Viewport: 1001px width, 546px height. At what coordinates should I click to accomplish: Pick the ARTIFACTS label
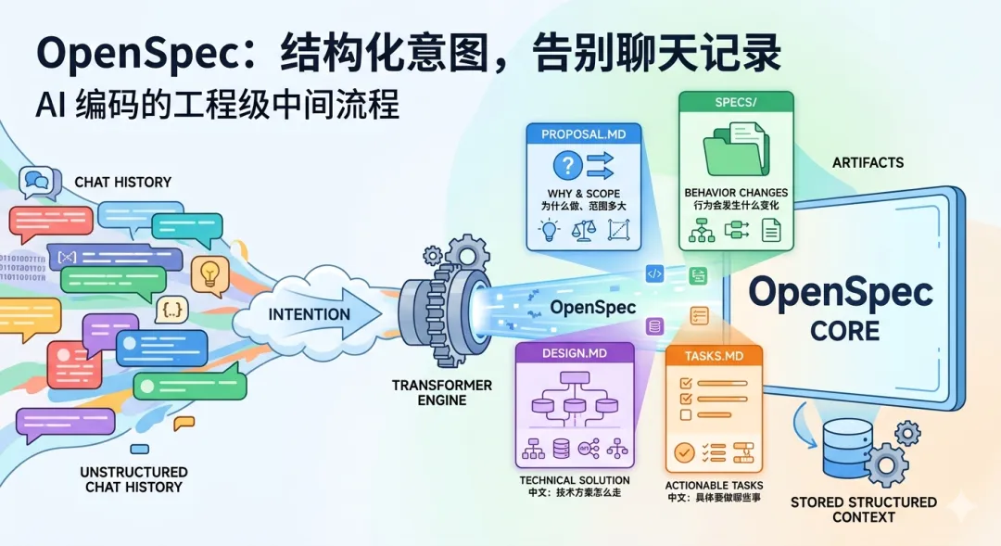868,163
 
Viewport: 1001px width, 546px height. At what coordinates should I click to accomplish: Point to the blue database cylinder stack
847,448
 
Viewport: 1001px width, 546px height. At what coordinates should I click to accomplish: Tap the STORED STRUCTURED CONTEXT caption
863,509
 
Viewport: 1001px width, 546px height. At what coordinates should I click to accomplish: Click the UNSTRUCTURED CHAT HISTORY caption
133,479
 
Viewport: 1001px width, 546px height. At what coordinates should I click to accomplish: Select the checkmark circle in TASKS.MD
684,452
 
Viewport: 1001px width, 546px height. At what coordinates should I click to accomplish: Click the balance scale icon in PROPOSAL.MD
585,230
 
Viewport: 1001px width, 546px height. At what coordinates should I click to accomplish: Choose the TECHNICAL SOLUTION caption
575,480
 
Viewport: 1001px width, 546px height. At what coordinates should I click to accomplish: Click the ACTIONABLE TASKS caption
715,485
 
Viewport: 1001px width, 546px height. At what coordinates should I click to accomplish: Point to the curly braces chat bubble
173,309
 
